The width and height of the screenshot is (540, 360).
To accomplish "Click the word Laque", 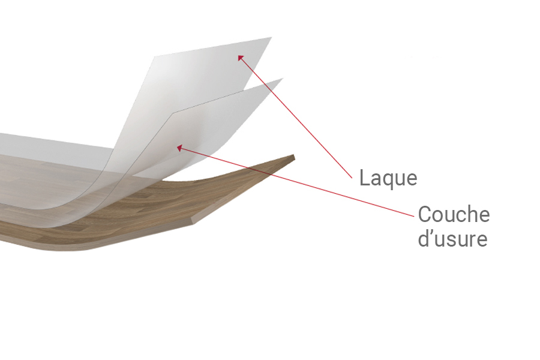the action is [388, 179].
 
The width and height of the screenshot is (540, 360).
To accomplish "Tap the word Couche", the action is [454, 214].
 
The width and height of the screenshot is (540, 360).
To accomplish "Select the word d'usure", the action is [453, 238].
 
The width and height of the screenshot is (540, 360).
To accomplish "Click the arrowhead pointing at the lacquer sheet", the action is [241, 58].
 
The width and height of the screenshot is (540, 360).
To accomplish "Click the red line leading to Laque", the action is [295, 117].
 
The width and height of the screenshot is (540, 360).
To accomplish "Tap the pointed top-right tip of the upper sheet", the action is [271, 37].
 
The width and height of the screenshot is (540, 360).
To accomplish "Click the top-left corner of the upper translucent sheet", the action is [155, 56].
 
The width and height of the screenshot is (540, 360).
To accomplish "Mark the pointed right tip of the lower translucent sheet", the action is [283, 79].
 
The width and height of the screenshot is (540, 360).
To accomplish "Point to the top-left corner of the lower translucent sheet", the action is [173, 112].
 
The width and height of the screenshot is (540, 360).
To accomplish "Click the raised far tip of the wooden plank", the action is [294, 155].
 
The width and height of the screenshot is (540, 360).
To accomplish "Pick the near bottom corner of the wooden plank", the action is [193, 224].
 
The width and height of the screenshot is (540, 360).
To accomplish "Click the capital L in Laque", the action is [364, 178].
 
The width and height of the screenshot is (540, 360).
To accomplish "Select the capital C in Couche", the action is [424, 214].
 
